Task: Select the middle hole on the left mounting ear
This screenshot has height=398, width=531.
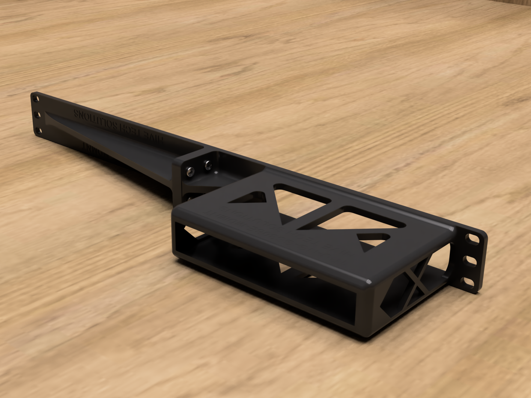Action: (37, 115)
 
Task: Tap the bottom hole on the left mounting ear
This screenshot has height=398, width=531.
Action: (38, 130)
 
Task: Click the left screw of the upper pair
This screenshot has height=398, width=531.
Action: (191, 171)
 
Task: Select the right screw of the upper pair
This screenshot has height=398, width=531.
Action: (208, 165)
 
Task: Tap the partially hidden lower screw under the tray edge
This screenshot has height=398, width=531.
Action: (190, 198)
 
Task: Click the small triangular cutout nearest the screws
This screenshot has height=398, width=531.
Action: (250, 198)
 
